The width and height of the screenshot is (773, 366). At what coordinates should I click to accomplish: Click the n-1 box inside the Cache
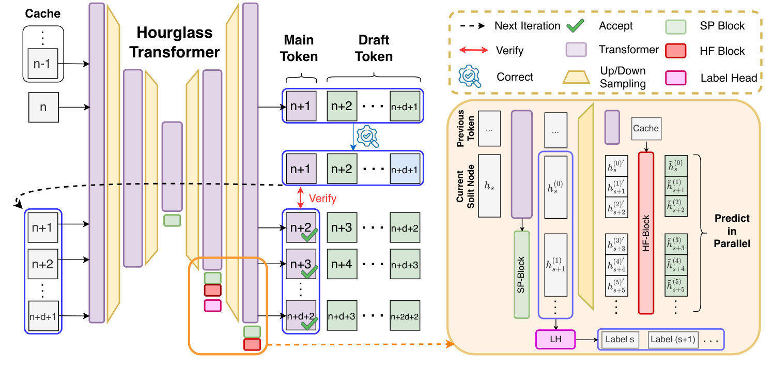point(43,65)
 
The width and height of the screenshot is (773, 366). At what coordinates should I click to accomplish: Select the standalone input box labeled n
point(43,108)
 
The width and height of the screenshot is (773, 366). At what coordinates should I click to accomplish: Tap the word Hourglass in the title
point(174,34)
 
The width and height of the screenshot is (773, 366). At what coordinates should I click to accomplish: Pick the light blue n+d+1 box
point(405,170)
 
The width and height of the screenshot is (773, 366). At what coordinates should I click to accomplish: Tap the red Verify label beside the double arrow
point(322,199)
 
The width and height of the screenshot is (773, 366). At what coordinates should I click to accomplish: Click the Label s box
point(620,340)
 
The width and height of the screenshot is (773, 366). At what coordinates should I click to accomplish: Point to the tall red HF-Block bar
point(647,233)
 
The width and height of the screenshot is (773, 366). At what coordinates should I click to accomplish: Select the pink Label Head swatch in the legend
point(679,78)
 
